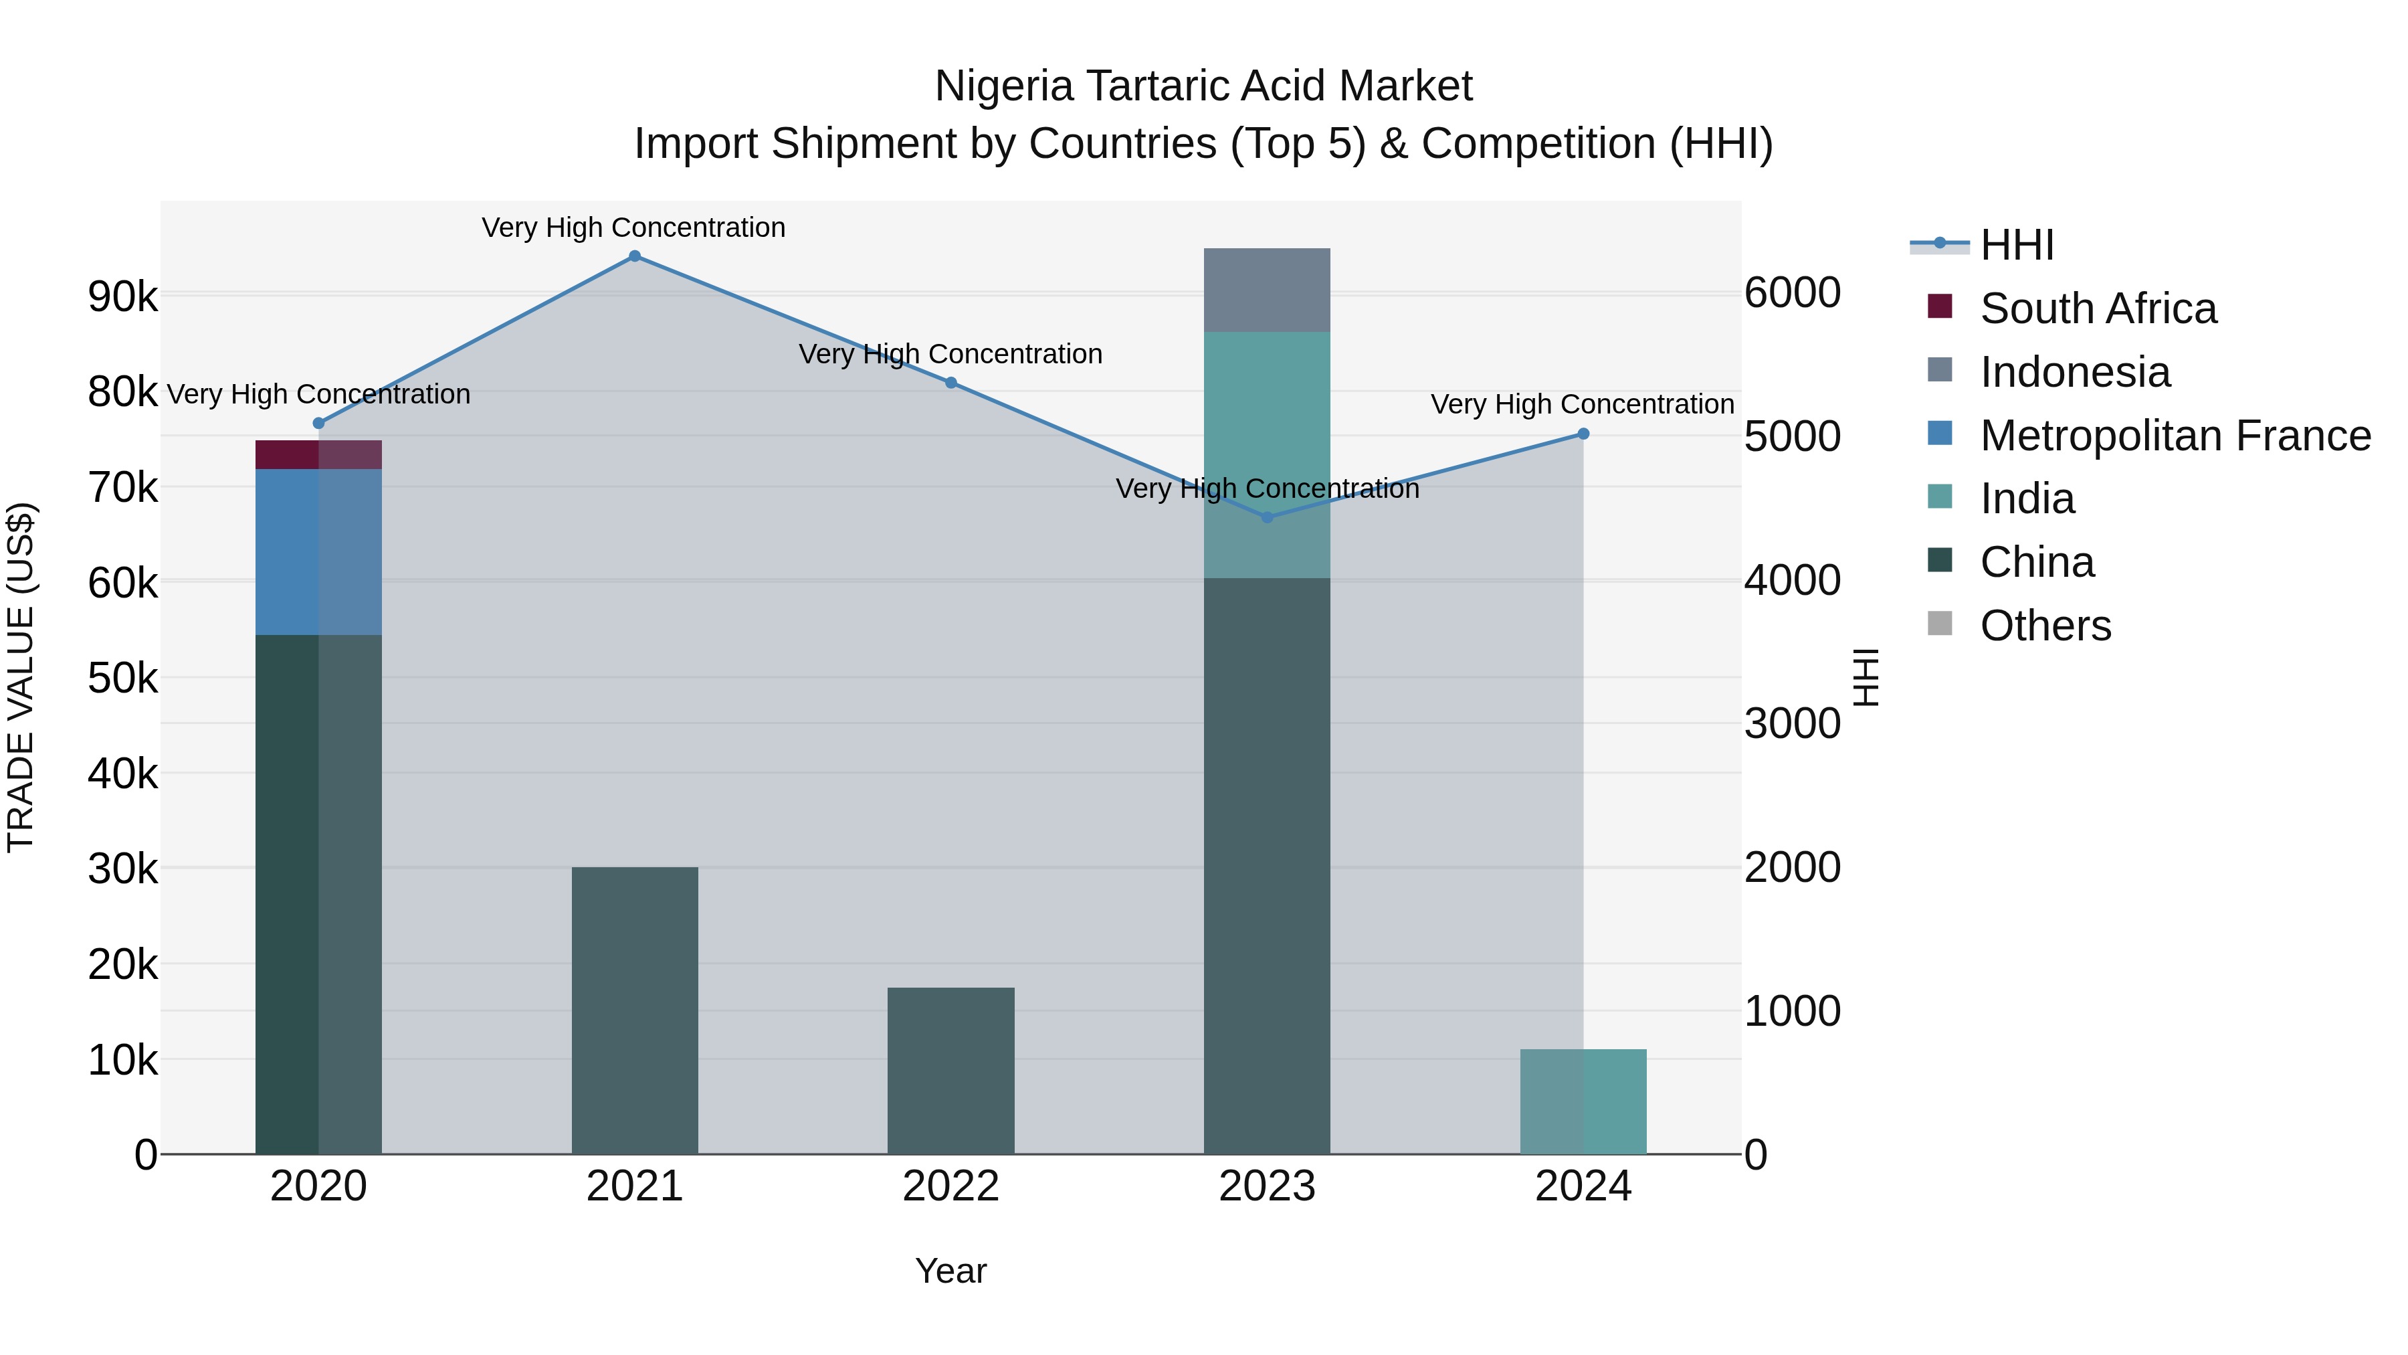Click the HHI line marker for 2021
[x=635, y=256]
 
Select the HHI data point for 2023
[x=1268, y=517]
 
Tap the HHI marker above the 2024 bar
[x=1583, y=434]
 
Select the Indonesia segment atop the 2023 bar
[x=1267, y=290]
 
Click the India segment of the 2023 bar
[x=1267, y=454]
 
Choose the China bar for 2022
[x=950, y=1071]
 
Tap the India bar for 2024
[x=1583, y=1101]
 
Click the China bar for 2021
[x=635, y=1010]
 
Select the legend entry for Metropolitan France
[x=2175, y=436]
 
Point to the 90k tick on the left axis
[x=122, y=297]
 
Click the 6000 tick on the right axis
[x=1792, y=292]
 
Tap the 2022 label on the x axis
[x=950, y=1186]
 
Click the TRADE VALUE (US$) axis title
[x=21, y=677]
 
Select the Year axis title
[x=950, y=1271]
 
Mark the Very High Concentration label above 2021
[x=634, y=228]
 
